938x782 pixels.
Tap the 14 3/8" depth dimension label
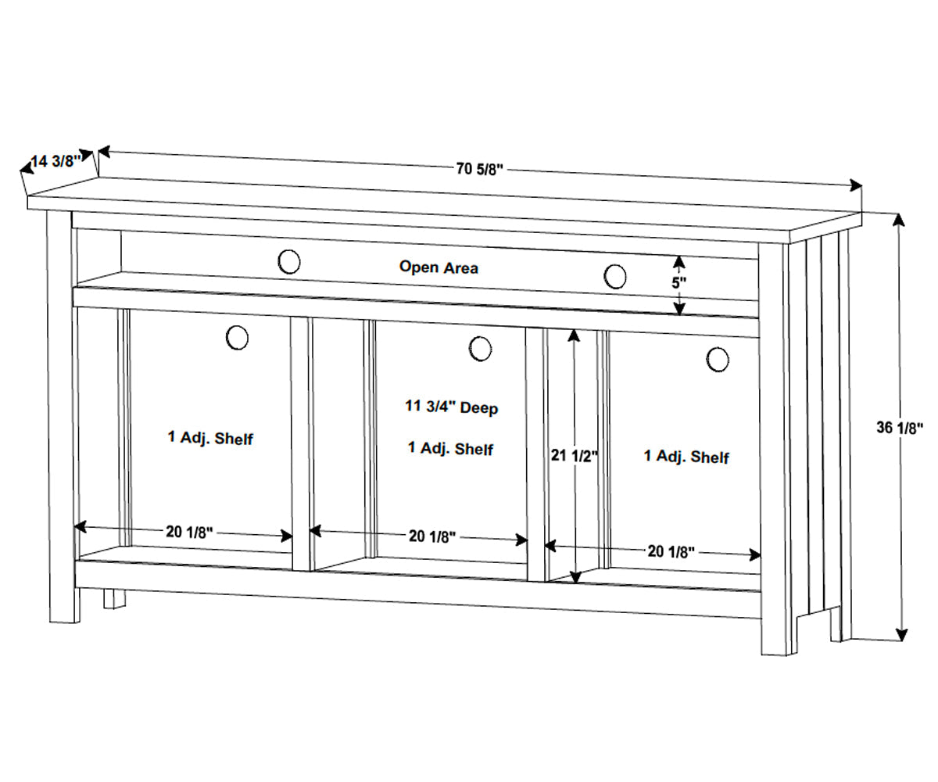pos(56,162)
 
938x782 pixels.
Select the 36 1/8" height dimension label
pos(900,427)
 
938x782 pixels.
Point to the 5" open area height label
pos(679,282)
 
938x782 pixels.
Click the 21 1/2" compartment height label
pos(575,455)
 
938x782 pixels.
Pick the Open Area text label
pos(439,267)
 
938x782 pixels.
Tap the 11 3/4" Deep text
pos(451,407)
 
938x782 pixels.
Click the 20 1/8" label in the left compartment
pos(189,532)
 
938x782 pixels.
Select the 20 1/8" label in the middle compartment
pos(432,536)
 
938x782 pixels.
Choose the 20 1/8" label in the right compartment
pos(671,551)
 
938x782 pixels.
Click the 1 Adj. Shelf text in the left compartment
pos(210,438)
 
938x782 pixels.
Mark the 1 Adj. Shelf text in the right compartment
pos(686,457)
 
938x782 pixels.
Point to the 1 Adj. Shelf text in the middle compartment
pos(450,448)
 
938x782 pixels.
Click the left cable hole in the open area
pos(289,261)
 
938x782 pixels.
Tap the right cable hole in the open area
pos(615,276)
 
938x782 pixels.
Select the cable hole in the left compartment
pos(237,338)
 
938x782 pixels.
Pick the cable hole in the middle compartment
pos(480,349)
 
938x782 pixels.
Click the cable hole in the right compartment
pos(718,359)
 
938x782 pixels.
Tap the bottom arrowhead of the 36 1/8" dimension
pos(901,634)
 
